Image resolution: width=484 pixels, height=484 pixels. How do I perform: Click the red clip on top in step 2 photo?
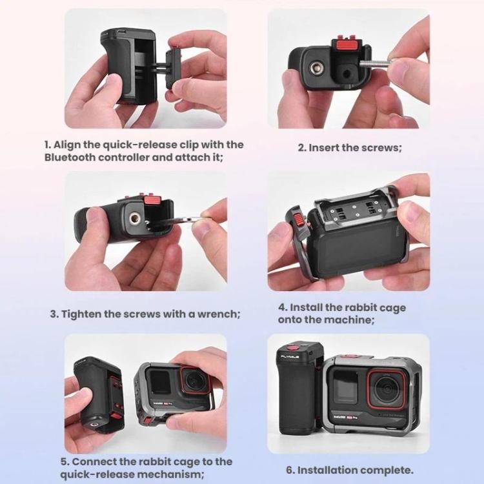point(346,45)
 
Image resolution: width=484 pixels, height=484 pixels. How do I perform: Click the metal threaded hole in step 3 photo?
point(134,219)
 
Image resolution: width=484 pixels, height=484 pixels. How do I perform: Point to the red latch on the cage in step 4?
point(298,221)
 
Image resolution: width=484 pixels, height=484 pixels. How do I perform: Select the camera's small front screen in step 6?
point(345,387)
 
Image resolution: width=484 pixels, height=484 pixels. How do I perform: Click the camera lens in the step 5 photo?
point(195,379)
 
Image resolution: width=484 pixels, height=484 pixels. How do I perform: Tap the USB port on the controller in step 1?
point(122,32)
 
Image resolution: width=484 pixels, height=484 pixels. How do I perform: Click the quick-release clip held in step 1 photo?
point(174,70)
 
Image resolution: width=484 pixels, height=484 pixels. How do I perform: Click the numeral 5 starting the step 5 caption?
point(64,462)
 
